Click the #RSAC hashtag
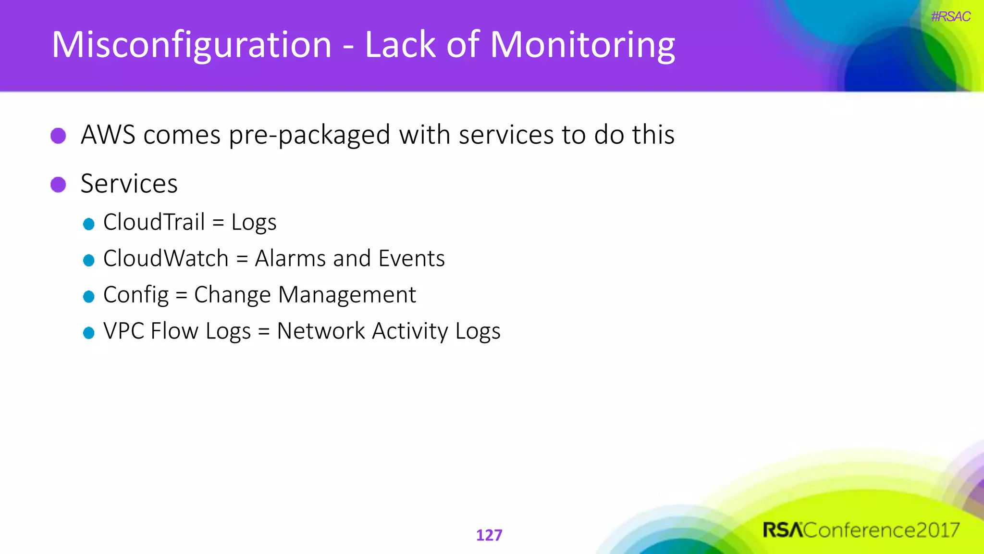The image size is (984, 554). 950,17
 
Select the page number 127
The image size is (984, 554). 489,535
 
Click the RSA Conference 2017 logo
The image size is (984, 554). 861,530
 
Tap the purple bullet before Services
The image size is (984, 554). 59,184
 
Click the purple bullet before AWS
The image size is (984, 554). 59,136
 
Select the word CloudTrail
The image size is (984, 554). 154,222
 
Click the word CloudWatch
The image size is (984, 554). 165,259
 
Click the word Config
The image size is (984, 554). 136,295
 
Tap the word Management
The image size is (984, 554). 347,295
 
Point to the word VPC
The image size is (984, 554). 123,331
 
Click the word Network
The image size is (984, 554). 321,331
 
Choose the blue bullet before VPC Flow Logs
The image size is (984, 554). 88,333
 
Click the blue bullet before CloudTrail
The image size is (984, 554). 88,224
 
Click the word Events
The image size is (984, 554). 411,259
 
